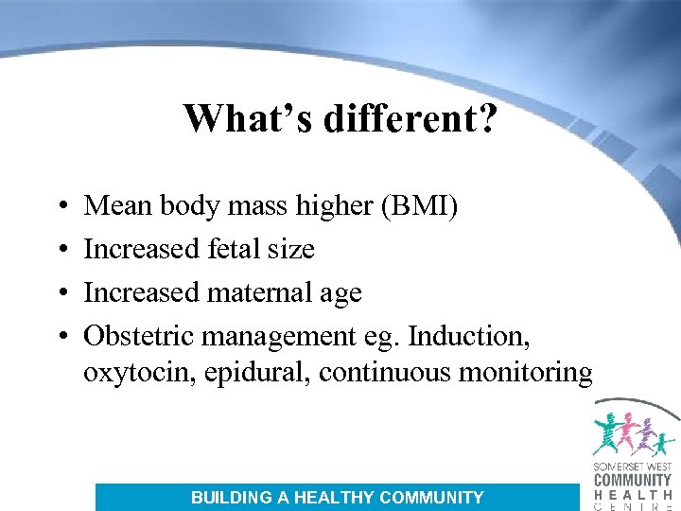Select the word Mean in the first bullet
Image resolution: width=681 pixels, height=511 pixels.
pyautogui.click(x=115, y=205)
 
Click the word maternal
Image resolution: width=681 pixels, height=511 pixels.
pyautogui.click(x=262, y=292)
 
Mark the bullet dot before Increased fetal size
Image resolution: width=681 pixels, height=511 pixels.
pyautogui.click(x=60, y=250)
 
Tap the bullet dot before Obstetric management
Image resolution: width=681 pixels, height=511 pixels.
pyautogui.click(x=60, y=337)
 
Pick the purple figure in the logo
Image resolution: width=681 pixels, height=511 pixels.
pyautogui.click(x=647, y=435)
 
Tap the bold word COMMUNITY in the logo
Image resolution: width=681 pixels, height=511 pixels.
pyautogui.click(x=632, y=481)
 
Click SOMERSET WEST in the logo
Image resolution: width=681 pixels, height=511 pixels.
pyautogui.click(x=632, y=467)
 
